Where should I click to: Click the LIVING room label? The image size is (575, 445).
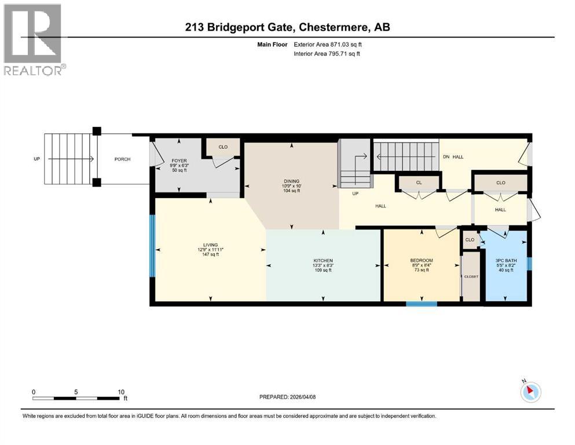coord(210,245)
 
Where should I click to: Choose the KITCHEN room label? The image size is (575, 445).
coord(323,260)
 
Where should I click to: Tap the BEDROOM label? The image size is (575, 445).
coord(421,260)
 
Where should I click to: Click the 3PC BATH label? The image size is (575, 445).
coord(506,260)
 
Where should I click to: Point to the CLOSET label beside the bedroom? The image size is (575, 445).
coord(471,276)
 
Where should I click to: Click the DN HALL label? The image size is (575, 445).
coord(453,156)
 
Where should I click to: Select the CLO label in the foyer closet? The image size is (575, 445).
coord(223,147)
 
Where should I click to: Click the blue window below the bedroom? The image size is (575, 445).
coord(421,303)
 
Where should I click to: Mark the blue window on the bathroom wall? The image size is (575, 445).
coord(529,264)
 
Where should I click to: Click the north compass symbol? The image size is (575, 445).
coord(530,393)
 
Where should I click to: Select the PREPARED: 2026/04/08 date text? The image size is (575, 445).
coord(287,397)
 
